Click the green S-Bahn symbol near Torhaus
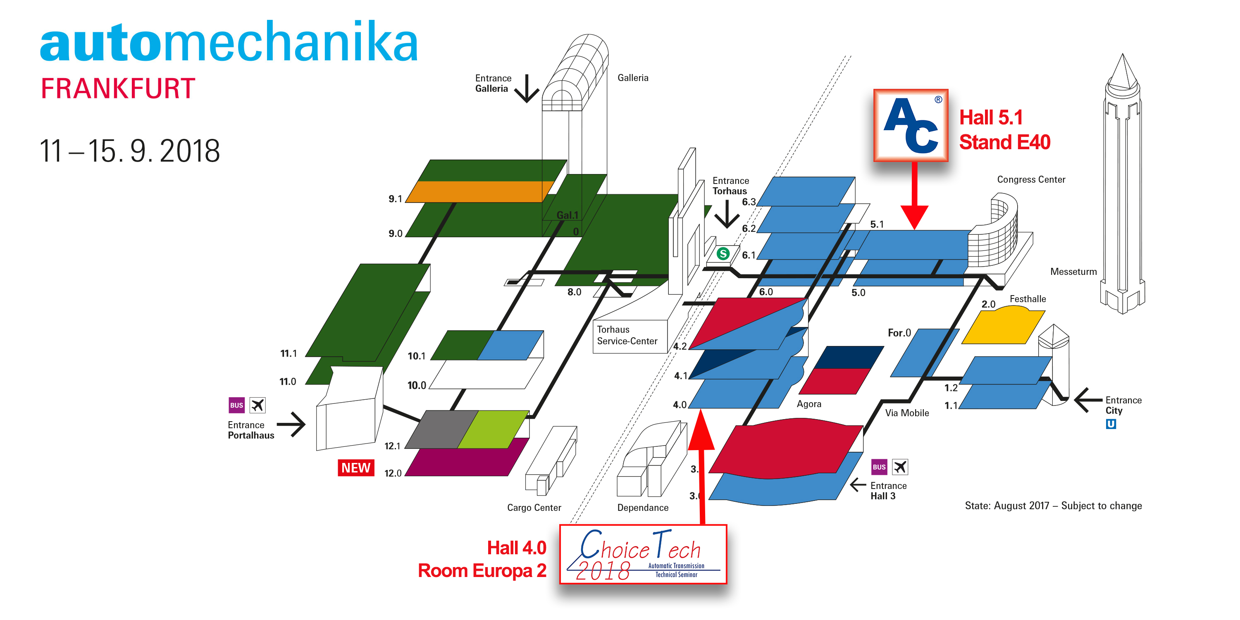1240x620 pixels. pyautogui.click(x=723, y=254)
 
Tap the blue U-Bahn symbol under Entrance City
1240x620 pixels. pyautogui.click(x=1111, y=424)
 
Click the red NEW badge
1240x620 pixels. pyautogui.click(x=356, y=468)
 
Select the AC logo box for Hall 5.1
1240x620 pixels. pyautogui.click(x=910, y=125)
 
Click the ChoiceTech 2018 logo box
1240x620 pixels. pyautogui.click(x=643, y=555)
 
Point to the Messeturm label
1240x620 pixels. pyautogui.click(x=1073, y=272)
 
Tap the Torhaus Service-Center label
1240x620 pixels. pyautogui.click(x=627, y=336)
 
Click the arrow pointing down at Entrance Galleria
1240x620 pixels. pyautogui.click(x=527, y=88)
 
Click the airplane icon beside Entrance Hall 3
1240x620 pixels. pyautogui.click(x=900, y=467)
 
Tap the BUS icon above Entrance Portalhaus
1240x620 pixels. pyautogui.click(x=236, y=405)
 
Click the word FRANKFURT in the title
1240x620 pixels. pyautogui.click(x=118, y=88)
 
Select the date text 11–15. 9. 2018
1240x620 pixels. pyautogui.click(x=129, y=151)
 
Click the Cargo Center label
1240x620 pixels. pyautogui.click(x=534, y=507)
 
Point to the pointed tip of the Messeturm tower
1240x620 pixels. pyautogui.click(x=1123, y=57)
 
